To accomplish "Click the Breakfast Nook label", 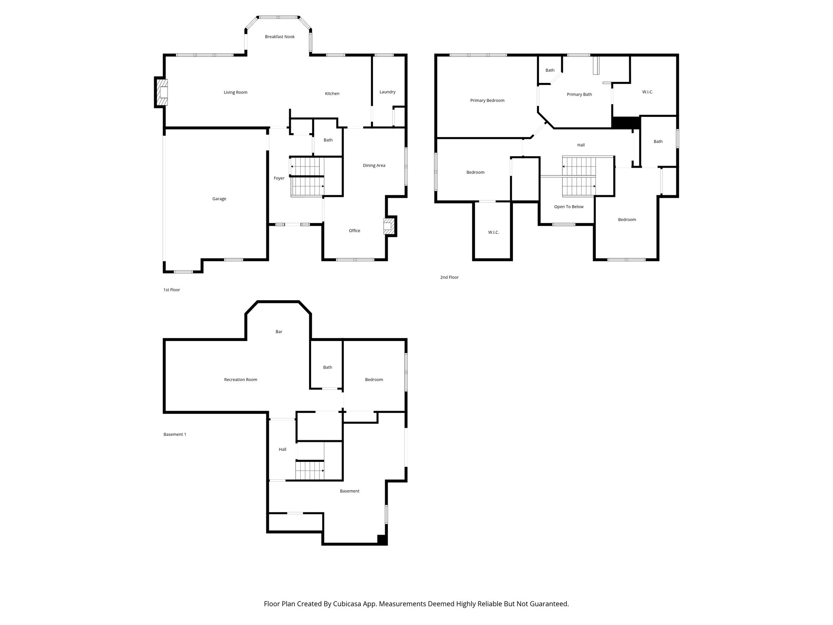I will coord(279,37).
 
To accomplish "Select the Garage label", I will coord(219,199).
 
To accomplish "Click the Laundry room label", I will coord(387,92).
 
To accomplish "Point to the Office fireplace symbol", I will coord(389,226).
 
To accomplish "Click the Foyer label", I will coord(279,178).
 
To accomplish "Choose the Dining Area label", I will coord(374,166).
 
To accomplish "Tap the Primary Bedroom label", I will coord(487,101).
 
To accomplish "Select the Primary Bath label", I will coord(579,94).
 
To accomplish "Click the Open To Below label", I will coord(569,207).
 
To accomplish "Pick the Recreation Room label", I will coord(240,380).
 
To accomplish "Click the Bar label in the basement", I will coord(279,332).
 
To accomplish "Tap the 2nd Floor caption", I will coord(449,278).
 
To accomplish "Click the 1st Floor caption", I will coord(171,290).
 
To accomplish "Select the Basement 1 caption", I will coord(174,435).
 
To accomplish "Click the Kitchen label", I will coord(332,94).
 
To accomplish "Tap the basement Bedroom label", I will coord(374,380).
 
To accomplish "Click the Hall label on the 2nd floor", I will coord(580,145).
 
